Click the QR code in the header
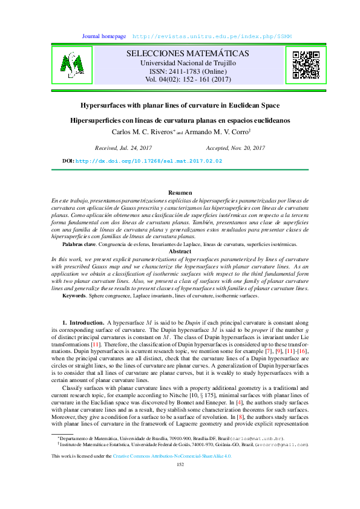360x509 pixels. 306,65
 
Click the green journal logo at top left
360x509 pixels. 71,65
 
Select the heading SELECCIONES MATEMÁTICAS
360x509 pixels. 188,54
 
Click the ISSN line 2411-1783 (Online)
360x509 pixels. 188,71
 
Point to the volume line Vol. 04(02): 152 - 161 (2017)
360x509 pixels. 188,79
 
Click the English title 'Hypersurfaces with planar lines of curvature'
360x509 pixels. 180,104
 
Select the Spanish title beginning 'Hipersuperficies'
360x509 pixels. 180,120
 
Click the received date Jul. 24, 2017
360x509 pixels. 124,148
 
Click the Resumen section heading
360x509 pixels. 180,192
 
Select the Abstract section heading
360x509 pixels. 180,251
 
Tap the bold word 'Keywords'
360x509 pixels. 74,296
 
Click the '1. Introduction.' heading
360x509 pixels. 83,323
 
